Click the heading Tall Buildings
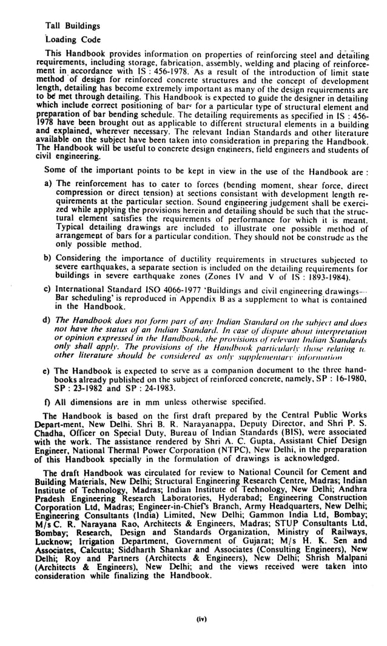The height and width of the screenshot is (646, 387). [x=73, y=26]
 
